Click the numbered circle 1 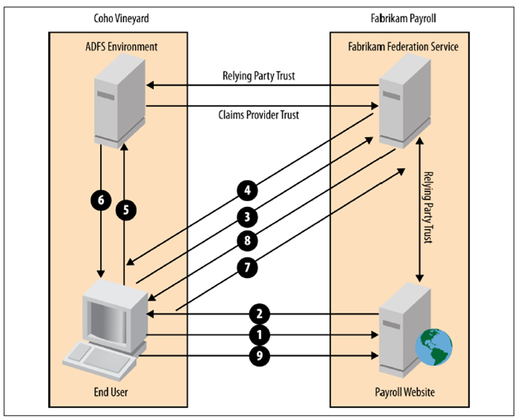[x=259, y=335]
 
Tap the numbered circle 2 [x=259, y=314]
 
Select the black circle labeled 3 [x=248, y=217]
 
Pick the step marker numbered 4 [x=248, y=190]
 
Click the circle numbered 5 [x=125, y=209]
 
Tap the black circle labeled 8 [x=248, y=240]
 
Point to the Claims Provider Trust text [x=258, y=115]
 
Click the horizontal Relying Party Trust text [x=258, y=75]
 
